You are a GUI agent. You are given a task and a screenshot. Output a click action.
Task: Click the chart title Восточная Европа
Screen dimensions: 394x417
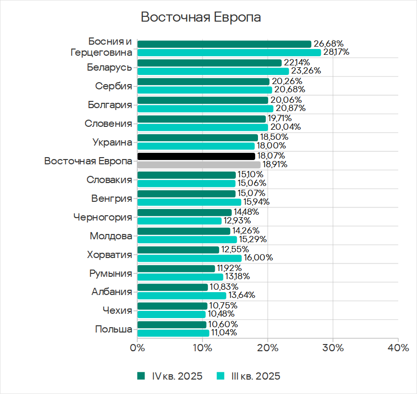coord(201,18)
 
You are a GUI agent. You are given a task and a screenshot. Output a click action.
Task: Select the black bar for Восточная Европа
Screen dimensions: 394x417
coord(196,156)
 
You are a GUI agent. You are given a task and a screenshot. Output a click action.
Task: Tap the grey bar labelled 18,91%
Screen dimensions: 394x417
coord(199,164)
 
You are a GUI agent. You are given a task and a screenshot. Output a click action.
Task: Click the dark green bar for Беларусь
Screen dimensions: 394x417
coord(209,63)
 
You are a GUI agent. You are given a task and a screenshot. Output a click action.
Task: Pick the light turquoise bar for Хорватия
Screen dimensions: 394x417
coord(189,258)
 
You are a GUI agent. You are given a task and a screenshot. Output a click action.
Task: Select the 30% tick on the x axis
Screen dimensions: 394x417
coord(332,348)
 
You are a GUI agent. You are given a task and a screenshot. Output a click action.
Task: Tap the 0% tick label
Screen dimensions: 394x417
coord(137,348)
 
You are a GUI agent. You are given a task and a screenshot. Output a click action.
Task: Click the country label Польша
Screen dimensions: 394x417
coord(113,329)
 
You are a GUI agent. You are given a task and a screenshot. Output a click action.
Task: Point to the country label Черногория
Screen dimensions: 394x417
coord(102,217)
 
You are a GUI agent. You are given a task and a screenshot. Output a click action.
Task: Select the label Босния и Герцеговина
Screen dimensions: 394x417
coord(101,47)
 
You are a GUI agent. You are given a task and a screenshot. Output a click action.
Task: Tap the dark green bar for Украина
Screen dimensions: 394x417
coord(197,137)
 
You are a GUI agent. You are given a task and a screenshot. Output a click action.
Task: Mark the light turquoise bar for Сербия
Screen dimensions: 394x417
coord(205,90)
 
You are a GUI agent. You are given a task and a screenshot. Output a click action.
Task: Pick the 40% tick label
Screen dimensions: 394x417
coord(397,348)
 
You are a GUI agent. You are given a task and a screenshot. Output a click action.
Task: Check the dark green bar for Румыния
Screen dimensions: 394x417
coord(176,269)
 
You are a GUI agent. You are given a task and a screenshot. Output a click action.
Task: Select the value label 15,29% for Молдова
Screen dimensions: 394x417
coord(253,239)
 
